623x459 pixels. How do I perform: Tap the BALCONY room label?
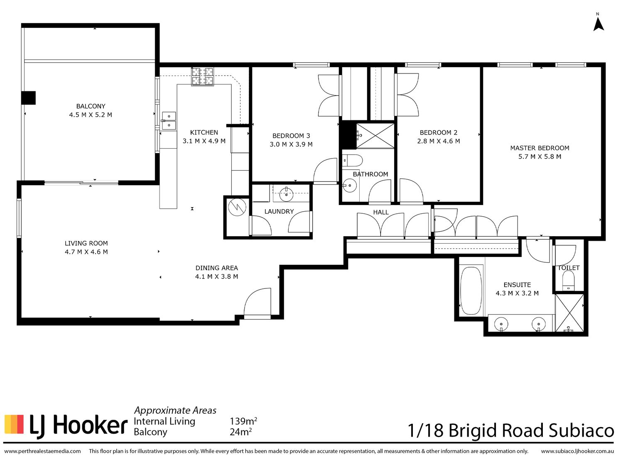click(91, 106)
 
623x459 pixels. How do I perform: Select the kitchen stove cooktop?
click(203, 76)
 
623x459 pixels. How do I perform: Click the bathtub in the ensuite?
click(471, 291)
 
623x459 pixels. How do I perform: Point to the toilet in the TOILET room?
click(568, 281)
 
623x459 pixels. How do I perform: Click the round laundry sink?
click(286, 194)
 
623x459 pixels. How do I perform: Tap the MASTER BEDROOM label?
click(540, 148)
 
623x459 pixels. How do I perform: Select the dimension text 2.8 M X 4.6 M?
click(438, 141)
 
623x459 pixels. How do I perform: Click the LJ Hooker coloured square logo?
click(14, 424)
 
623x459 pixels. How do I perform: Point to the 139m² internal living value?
click(243, 421)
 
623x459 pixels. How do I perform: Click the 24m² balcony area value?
click(241, 432)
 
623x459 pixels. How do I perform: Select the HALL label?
click(381, 212)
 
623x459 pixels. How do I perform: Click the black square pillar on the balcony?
click(29, 98)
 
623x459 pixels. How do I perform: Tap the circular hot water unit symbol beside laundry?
click(237, 207)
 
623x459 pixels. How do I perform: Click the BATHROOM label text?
click(370, 174)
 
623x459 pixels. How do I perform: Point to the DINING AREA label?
click(217, 268)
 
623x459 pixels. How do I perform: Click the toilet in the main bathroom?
click(352, 161)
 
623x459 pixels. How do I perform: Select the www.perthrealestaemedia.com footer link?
click(42, 451)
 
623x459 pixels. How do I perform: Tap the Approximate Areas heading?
click(175, 410)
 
